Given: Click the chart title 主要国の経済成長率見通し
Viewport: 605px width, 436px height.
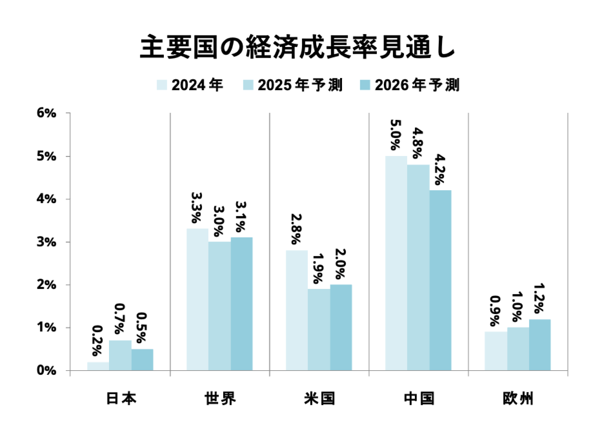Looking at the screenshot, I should [297, 47].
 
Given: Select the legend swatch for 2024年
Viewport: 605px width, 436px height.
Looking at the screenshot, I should [162, 85].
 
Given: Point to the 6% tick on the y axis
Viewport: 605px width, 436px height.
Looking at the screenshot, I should [46, 113].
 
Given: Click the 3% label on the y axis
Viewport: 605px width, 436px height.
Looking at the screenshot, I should [46, 242].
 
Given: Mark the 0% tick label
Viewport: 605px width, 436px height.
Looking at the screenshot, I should [46, 371].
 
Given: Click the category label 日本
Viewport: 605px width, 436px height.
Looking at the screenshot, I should [121, 398].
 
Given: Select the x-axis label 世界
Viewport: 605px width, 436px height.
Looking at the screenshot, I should [220, 398].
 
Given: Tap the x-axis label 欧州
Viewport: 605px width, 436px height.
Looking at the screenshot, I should [518, 398].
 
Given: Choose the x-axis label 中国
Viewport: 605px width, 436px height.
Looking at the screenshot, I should [419, 398].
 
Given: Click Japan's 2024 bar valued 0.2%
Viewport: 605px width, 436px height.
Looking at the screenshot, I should [98, 367].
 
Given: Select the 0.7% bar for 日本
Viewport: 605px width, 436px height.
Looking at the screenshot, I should [120, 356].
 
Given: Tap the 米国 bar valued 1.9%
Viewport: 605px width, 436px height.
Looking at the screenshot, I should [319, 330].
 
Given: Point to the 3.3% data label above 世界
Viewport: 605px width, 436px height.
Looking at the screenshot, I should [197, 208].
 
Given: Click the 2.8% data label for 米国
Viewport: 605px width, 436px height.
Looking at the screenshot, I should [296, 229].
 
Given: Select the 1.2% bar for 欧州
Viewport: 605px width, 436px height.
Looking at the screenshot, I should [540, 345].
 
